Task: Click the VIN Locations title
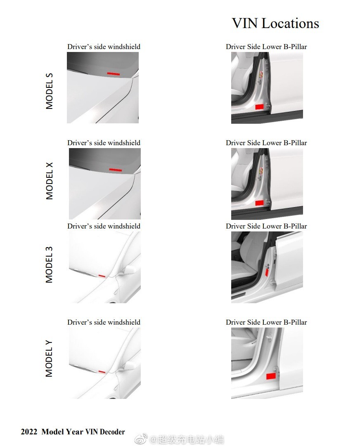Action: (x=275, y=23)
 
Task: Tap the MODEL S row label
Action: (x=49, y=91)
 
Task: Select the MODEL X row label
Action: (x=49, y=181)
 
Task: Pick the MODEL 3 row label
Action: (x=49, y=264)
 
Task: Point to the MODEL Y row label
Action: (x=49, y=358)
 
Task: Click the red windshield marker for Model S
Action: (x=114, y=74)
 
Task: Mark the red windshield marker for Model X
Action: (x=116, y=170)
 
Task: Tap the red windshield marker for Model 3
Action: (x=102, y=276)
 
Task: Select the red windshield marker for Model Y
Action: (x=102, y=372)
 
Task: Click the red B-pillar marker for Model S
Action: (x=259, y=107)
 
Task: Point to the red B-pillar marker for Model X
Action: (x=259, y=203)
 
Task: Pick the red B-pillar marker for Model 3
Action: (x=267, y=273)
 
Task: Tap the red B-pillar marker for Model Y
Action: (x=271, y=376)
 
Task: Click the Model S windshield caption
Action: (x=104, y=47)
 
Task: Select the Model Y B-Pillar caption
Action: (x=266, y=322)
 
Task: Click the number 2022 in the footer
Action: (x=29, y=431)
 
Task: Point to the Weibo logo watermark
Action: (x=141, y=439)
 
